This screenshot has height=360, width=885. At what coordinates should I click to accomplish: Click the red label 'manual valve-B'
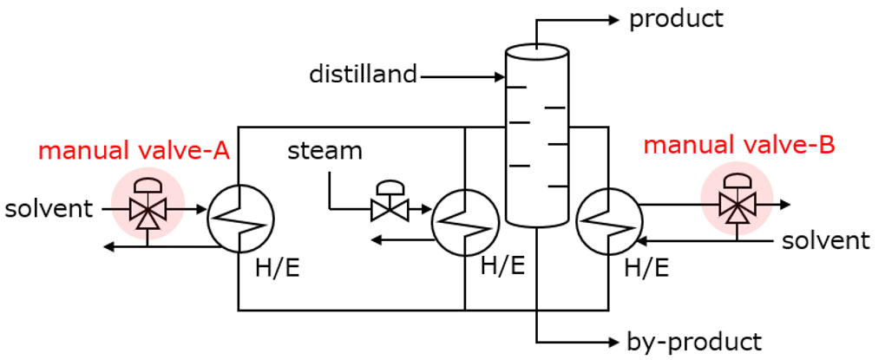pos(738,144)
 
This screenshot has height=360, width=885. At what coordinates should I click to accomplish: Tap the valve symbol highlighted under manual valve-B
pos(737,206)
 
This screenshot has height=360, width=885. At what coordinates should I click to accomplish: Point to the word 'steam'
pos(324,151)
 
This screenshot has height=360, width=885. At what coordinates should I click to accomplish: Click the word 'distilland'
pos(363,75)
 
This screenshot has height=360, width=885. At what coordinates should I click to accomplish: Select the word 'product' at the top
pos(676,18)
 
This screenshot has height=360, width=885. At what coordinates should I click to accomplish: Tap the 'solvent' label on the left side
pos(49,209)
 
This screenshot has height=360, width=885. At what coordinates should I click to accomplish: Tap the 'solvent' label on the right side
pos(825,240)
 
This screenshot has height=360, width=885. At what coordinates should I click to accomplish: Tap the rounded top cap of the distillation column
pos(537,51)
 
